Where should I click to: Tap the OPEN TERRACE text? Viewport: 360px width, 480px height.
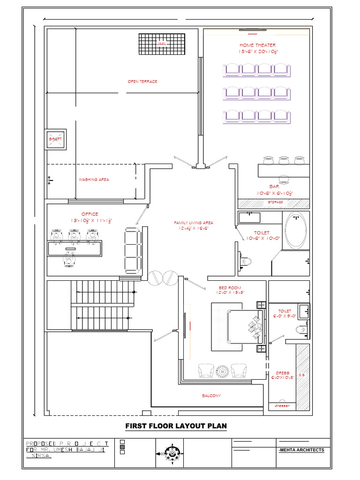[x=142, y=82]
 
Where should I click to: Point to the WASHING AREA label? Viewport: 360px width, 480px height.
[x=94, y=180]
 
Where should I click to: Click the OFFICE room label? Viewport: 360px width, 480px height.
[x=90, y=214]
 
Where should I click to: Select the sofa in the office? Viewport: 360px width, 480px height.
[x=133, y=250]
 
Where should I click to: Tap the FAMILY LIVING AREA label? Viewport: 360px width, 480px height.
[x=194, y=223]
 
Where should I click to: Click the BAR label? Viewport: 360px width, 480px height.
[x=274, y=187]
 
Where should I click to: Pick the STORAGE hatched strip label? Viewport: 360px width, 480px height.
[x=275, y=202]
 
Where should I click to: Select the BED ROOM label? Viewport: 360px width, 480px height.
[x=230, y=288]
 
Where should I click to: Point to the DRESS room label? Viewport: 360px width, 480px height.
[x=282, y=374]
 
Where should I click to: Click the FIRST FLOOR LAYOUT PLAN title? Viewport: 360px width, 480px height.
[x=176, y=426]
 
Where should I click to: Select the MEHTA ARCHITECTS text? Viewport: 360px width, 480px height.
[x=302, y=450]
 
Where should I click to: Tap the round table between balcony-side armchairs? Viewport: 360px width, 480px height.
[x=222, y=370]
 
